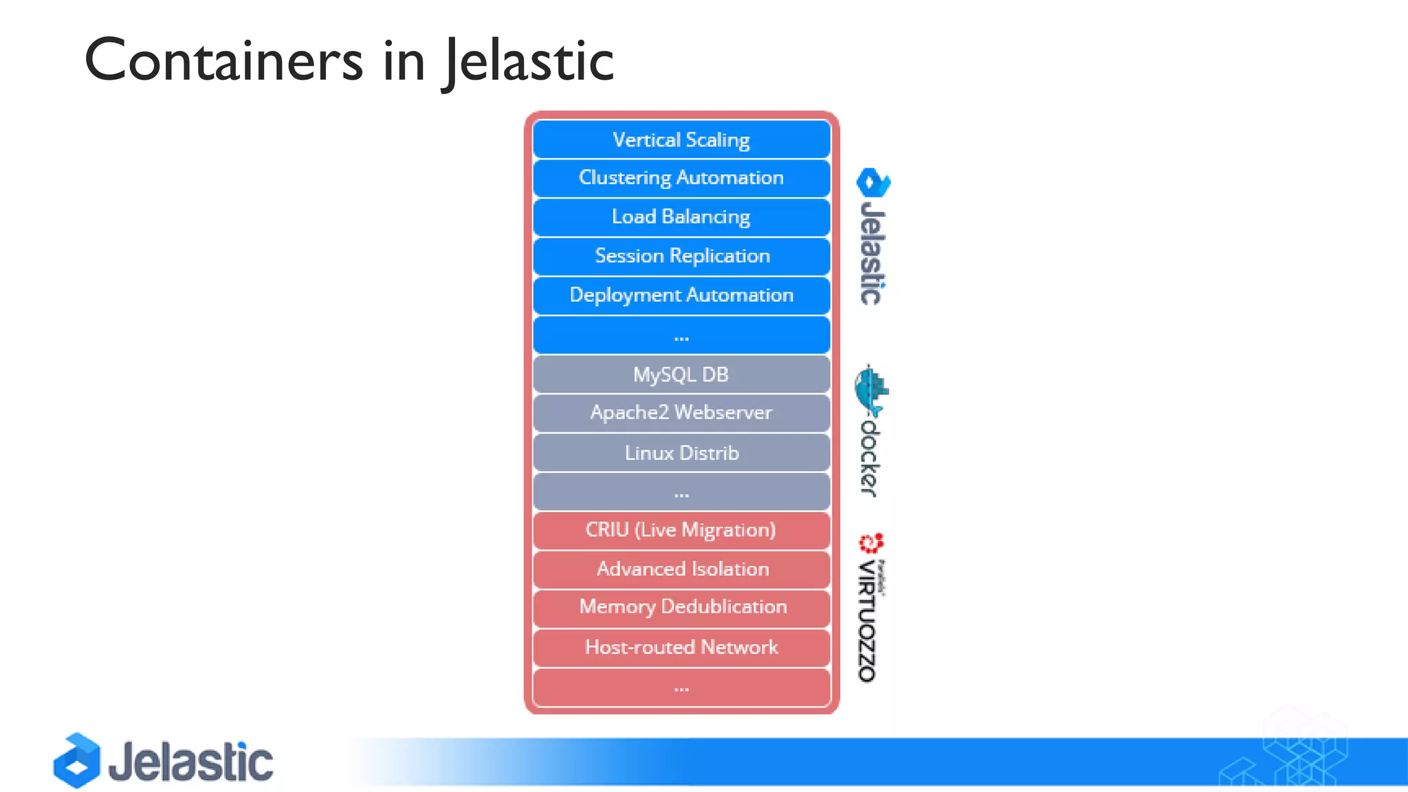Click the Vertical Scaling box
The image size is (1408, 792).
[681, 140]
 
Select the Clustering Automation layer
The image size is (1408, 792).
[681, 178]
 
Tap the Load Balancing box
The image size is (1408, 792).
[681, 217]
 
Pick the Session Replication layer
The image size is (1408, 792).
[681, 256]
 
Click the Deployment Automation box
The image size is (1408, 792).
[681, 296]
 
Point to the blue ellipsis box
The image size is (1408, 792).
[681, 335]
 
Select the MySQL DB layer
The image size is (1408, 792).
[681, 375]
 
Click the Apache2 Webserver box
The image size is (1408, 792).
[681, 413]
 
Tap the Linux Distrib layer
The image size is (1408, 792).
[681, 453]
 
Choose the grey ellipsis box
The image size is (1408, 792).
[681, 492]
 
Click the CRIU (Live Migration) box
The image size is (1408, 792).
[681, 531]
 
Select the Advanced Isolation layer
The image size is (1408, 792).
[681, 570]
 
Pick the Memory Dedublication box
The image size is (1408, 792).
[681, 608]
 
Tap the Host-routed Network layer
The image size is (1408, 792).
[681, 648]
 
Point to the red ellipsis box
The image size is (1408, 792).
[681, 687]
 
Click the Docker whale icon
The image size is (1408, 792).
[871, 391]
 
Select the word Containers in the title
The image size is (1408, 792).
[223, 60]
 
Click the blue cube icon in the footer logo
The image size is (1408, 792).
[77, 760]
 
